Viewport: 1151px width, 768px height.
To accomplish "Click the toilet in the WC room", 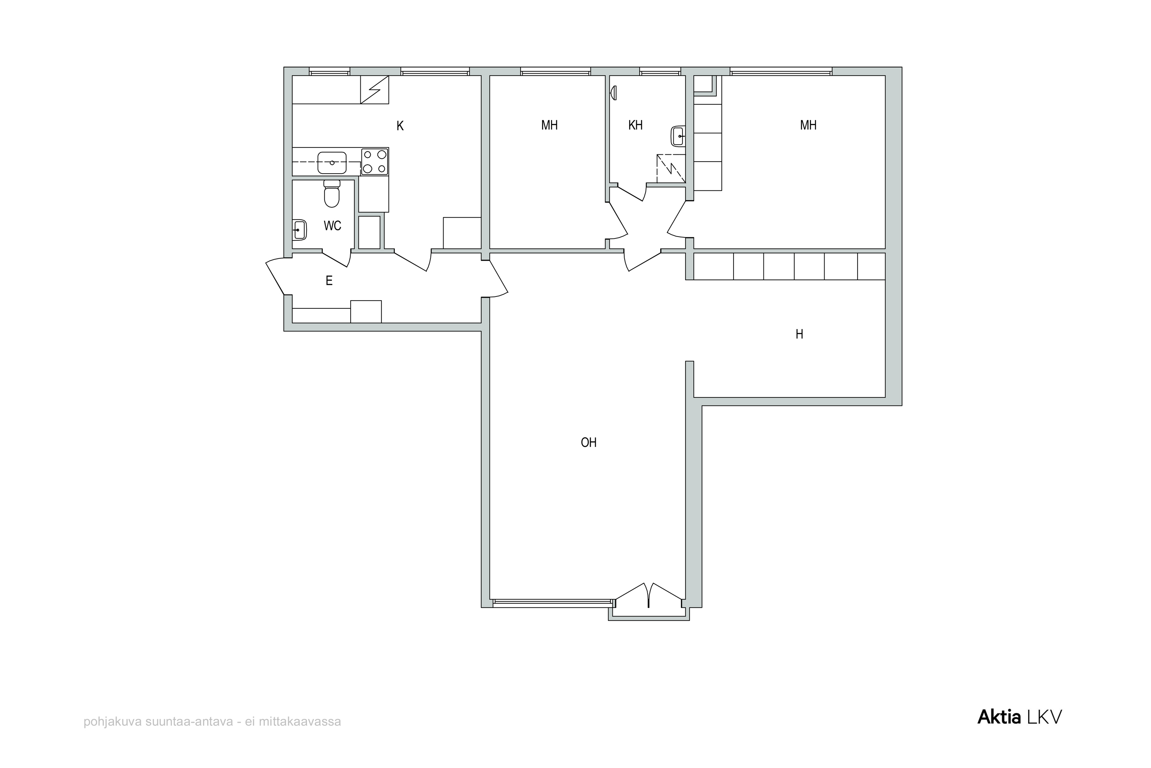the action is (332, 194).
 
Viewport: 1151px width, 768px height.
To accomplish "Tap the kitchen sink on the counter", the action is (332, 162).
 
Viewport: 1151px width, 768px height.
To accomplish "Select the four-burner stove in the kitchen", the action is (375, 162).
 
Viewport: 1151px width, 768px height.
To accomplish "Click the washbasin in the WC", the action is (300, 230).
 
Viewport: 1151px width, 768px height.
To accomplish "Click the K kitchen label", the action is (400, 126).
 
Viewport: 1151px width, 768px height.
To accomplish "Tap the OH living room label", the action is (588, 443).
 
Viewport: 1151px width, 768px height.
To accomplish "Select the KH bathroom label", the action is (635, 126).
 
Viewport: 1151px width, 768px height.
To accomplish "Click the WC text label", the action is (332, 226).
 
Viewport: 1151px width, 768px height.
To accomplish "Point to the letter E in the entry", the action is (329, 281).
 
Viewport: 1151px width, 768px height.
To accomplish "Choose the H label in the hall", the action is (799, 334).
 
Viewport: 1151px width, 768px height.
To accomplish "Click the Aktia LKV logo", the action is (1020, 717).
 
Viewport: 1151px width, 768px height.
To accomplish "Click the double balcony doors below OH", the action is (648, 595).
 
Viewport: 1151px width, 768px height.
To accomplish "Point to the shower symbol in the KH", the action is (670, 169).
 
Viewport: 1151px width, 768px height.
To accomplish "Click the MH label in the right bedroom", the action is (808, 126).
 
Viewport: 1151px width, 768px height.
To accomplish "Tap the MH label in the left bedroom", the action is (549, 126).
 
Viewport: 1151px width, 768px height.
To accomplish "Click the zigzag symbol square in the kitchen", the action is (374, 89).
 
